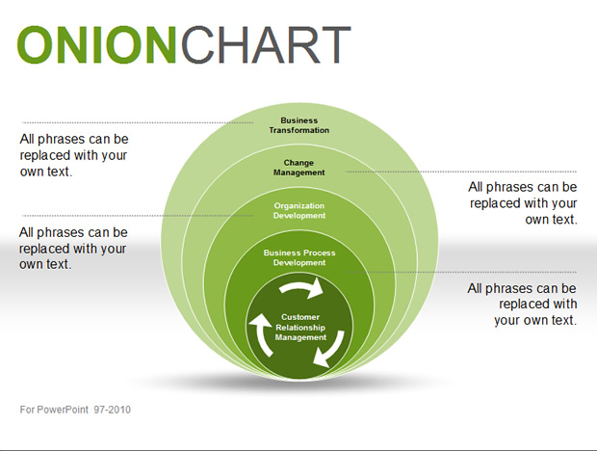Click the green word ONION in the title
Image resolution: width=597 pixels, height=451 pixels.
[96, 45]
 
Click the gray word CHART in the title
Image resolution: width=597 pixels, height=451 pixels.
[266, 45]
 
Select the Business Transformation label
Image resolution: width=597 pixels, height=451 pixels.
[299, 125]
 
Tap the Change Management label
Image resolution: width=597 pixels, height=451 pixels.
[298, 168]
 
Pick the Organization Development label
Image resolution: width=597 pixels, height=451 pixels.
[299, 211]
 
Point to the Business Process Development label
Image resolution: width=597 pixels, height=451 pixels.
[299, 258]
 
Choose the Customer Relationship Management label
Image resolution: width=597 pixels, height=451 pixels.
[300, 328]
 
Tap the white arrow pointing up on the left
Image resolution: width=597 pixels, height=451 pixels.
[260, 333]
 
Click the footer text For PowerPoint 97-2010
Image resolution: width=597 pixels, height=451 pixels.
[75, 410]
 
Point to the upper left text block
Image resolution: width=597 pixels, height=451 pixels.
[74, 155]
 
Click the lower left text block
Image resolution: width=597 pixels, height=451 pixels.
[73, 248]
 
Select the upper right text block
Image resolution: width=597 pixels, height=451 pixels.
[523, 203]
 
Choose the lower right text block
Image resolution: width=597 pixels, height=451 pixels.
[522, 304]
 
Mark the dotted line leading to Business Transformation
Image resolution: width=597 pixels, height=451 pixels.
[138, 122]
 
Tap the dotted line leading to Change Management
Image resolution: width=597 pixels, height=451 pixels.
[461, 172]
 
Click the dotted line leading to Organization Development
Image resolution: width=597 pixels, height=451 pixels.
[138, 216]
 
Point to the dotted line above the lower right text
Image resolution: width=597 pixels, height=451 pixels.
[462, 272]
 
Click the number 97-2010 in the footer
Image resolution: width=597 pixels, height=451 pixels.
[113, 410]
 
